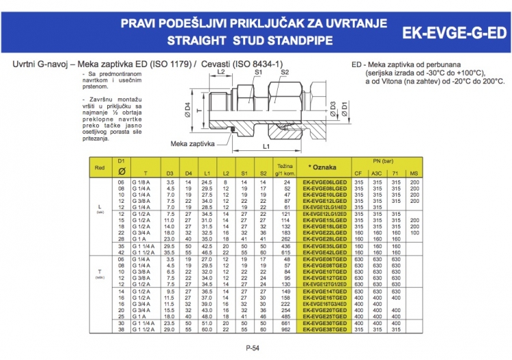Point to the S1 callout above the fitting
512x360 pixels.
259,71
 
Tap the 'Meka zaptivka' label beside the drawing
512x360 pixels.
193,144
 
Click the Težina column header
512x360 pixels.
285,166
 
